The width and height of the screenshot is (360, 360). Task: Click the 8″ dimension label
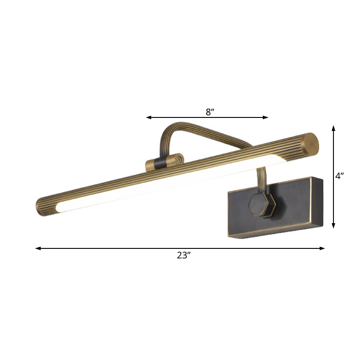[208, 112]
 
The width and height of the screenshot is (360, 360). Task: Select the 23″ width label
[184, 255]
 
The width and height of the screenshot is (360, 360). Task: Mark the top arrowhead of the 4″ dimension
[333, 128]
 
